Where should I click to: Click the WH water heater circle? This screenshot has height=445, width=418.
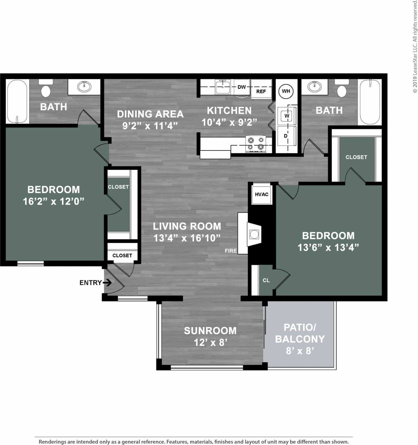[x=286, y=91]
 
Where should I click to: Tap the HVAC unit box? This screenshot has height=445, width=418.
[x=262, y=194]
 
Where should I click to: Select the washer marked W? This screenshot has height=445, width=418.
[x=287, y=116]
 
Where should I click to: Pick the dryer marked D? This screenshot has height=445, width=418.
[x=286, y=136]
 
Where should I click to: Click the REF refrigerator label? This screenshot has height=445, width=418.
[x=261, y=92]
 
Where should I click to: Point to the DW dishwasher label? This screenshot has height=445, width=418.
[x=242, y=87]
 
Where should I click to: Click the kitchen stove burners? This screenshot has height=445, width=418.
[x=256, y=143]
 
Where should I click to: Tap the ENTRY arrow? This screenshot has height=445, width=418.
[x=107, y=283]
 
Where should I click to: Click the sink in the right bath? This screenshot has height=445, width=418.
[x=315, y=87]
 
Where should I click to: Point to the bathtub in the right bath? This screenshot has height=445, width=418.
[x=370, y=102]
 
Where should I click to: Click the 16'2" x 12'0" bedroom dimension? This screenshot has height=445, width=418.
[x=53, y=201]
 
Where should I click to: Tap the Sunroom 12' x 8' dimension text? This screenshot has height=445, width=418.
[x=210, y=343]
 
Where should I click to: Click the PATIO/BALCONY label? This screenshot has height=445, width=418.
[x=300, y=333]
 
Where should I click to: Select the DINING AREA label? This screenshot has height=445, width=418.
[x=150, y=114]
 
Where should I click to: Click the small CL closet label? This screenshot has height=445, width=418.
[x=266, y=280]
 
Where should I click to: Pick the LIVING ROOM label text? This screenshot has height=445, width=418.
[x=187, y=226]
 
